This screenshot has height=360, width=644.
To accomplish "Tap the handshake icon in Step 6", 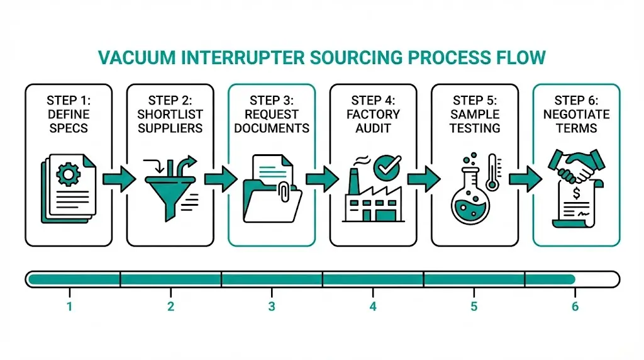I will coord(572,165).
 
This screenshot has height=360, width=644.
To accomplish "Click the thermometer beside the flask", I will coord(492,176).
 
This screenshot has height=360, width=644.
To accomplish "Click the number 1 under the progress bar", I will coord(69,307).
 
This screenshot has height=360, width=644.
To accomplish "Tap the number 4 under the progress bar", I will coord(373,307).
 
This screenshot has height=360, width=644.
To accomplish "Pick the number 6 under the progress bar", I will coord(575,307).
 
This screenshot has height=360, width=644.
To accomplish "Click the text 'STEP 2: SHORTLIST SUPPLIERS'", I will coord(170,114).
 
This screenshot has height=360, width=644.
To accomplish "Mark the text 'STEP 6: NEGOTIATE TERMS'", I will coord(576,114).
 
